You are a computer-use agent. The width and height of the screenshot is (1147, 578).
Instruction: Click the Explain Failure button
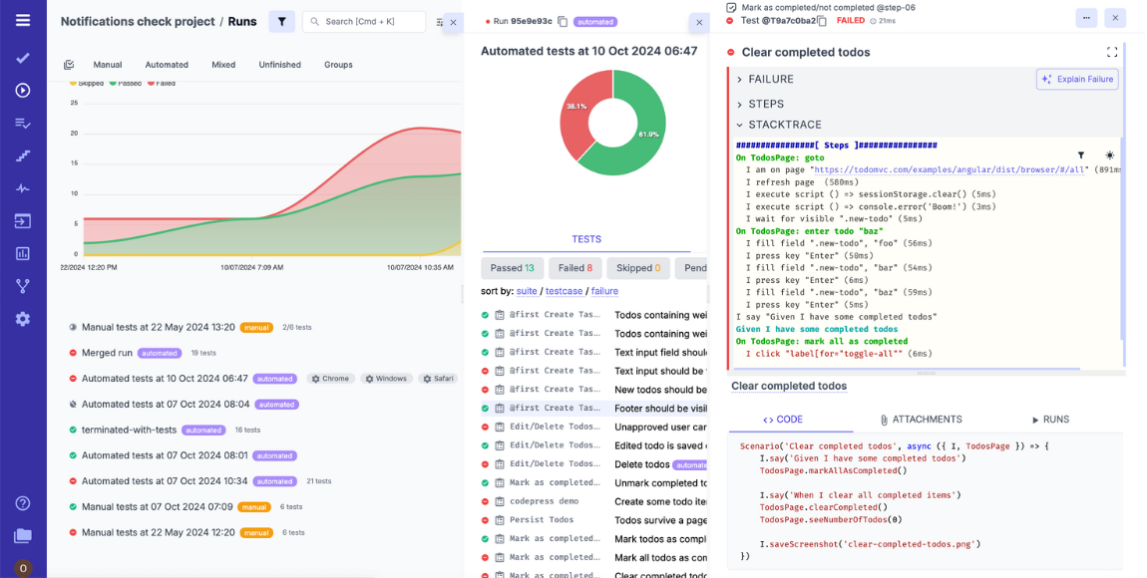1077,80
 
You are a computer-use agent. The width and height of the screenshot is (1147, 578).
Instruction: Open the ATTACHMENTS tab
921,420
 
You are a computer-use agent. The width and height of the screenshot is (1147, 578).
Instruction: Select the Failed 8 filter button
574,268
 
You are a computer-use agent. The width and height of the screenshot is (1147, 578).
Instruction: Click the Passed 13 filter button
512,268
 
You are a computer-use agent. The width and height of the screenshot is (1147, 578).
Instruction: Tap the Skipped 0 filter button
638,268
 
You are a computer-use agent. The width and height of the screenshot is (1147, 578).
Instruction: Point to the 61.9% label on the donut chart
648,135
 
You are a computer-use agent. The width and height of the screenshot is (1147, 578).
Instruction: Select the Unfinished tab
279,65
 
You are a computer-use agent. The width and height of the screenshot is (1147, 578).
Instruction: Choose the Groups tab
338,65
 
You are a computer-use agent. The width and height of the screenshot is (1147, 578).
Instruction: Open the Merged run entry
107,353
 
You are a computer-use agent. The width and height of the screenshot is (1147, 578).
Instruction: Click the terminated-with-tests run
129,430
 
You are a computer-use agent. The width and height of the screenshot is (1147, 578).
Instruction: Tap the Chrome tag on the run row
329,379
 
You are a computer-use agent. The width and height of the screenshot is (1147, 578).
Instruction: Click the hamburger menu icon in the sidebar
23,20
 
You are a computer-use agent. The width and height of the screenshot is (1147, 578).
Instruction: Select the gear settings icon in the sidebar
23,319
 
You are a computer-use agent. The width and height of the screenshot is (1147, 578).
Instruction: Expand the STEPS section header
766,104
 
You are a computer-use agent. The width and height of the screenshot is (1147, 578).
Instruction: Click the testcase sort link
565,291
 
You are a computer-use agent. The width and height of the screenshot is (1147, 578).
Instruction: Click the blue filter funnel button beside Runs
281,22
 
